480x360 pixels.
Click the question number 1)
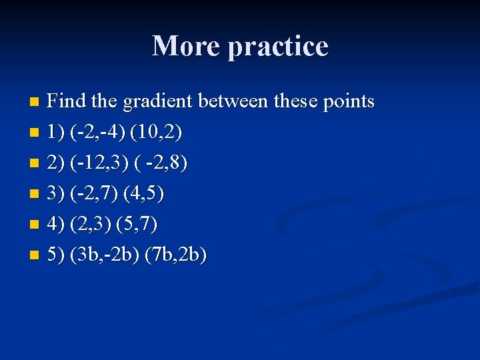tap(56, 133)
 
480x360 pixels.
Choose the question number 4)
tap(56, 225)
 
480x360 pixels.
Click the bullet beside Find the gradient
tap(35, 103)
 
